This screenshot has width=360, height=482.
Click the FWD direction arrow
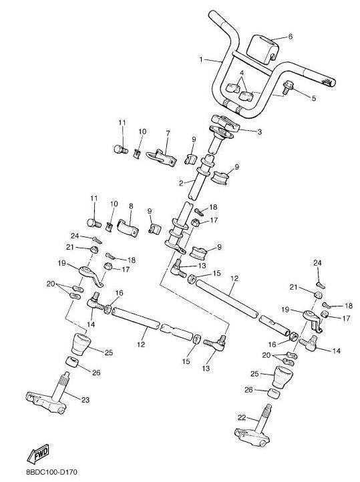tap(38, 453)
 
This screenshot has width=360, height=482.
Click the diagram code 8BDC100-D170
tap(52, 471)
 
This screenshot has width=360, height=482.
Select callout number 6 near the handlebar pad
tap(291, 37)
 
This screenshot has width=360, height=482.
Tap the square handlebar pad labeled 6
tap(264, 49)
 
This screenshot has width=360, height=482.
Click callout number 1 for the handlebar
tap(201, 59)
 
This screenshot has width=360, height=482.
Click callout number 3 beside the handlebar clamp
tap(260, 132)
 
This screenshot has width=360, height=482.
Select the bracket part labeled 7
tap(162, 157)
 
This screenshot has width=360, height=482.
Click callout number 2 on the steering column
tap(181, 184)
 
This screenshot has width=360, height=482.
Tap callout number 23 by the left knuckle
tap(85, 400)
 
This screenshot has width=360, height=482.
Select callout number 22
tap(242, 417)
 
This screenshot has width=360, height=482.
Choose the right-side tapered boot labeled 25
tap(283, 377)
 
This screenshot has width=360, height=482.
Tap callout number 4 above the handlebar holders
tap(242, 73)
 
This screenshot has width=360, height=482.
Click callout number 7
tap(168, 133)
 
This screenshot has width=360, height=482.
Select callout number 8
tap(132, 206)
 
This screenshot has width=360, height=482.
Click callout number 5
tap(313, 98)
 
